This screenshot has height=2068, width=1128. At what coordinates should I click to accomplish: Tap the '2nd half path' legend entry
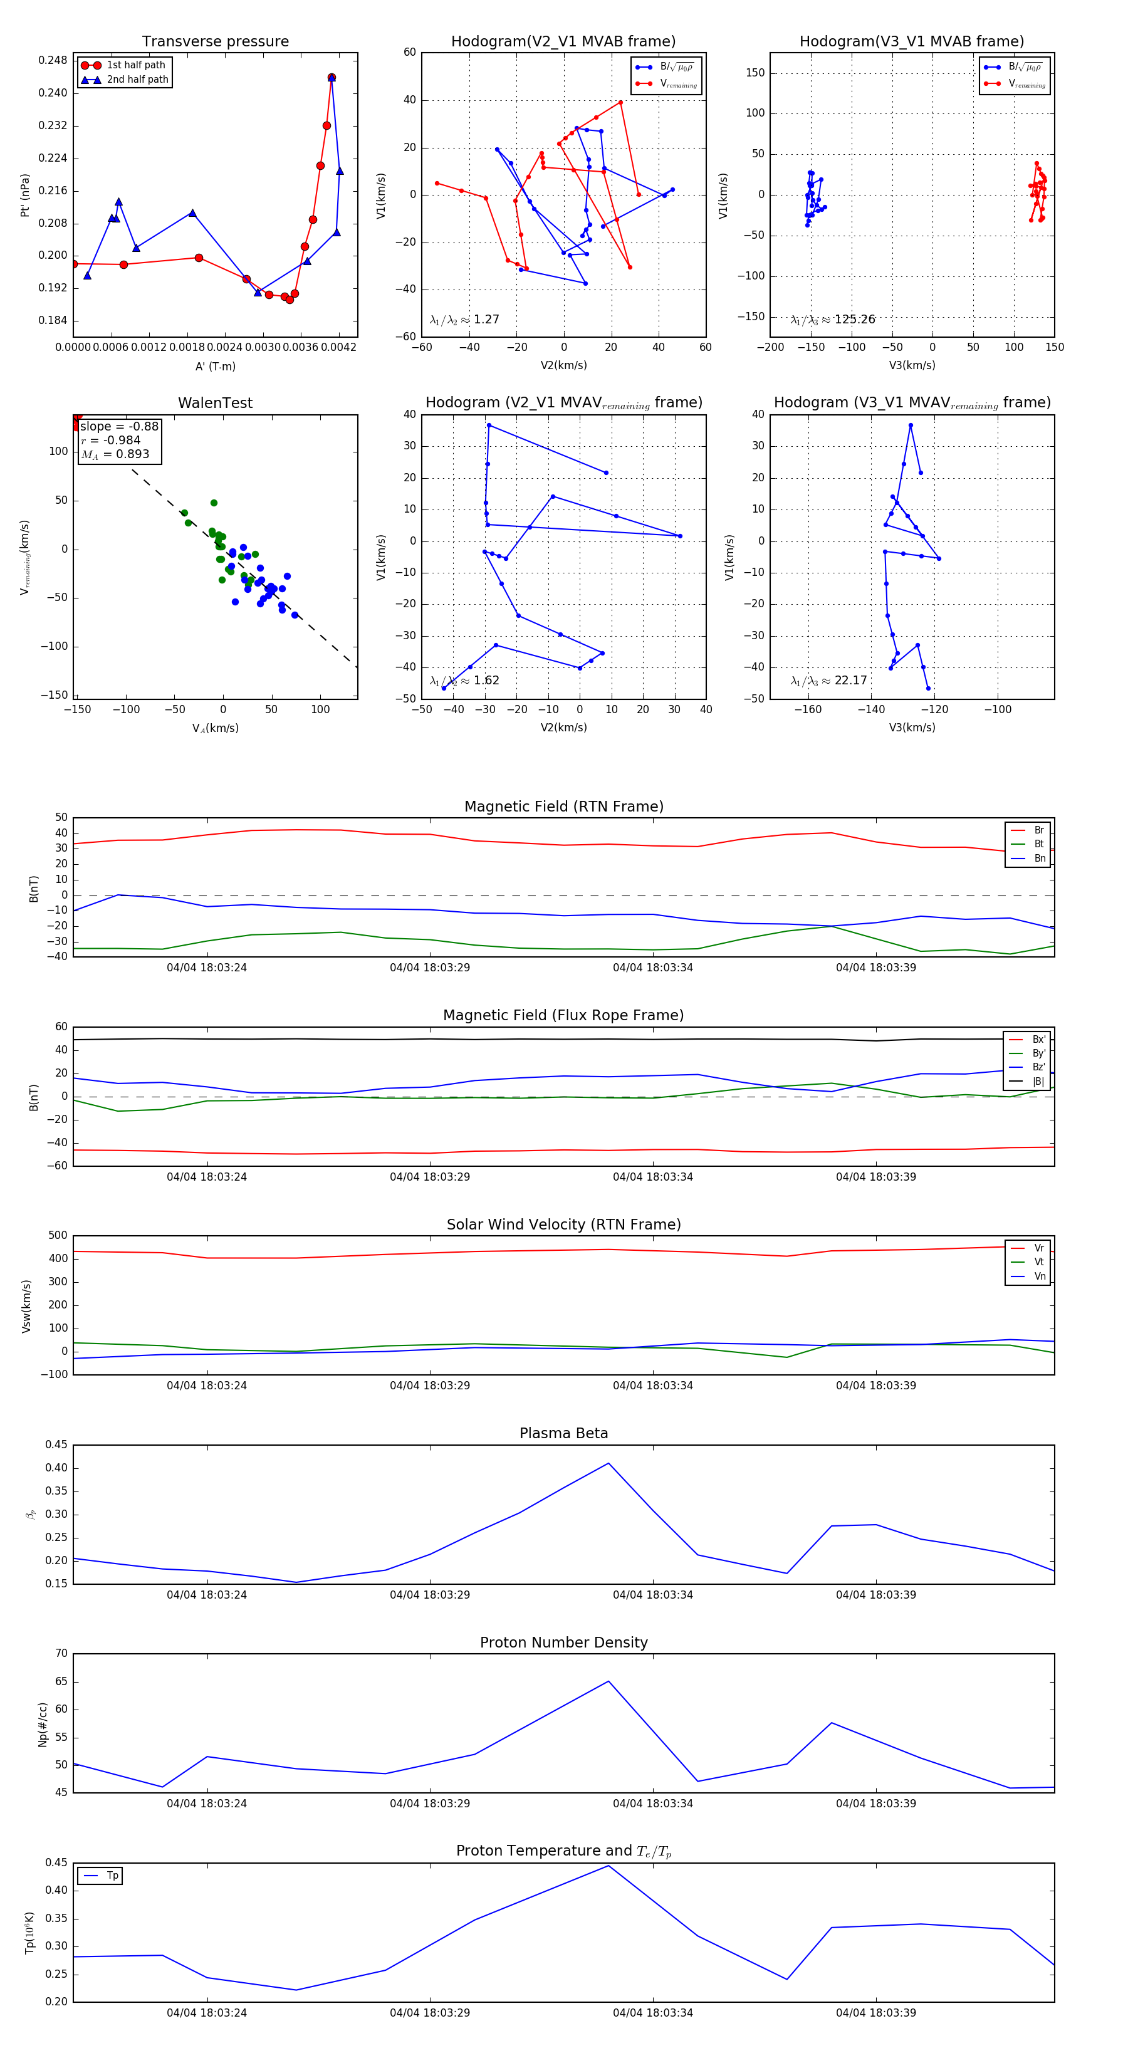coord(137,80)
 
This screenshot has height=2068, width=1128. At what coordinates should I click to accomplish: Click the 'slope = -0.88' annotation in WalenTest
coord(119,426)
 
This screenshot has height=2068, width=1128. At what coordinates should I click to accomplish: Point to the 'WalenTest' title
coord(215,403)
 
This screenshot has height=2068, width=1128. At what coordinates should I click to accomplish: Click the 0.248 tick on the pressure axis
coord(53,60)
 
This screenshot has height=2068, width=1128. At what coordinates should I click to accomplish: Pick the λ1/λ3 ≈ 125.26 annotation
coord(833,320)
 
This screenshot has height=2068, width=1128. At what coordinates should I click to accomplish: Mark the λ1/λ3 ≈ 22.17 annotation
coord(828,681)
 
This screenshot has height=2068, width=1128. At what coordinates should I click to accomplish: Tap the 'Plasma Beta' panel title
coord(563,1434)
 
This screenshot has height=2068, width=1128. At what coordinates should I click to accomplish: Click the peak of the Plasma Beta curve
coord(608,1463)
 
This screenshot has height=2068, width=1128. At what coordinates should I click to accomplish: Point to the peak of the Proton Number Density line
coord(608,1681)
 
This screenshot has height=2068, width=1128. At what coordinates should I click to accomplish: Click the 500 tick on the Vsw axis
coord(58,1236)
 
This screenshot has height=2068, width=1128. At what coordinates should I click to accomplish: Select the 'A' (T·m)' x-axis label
coord(215,366)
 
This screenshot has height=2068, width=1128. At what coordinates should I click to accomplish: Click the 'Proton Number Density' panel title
coord(563,1642)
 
